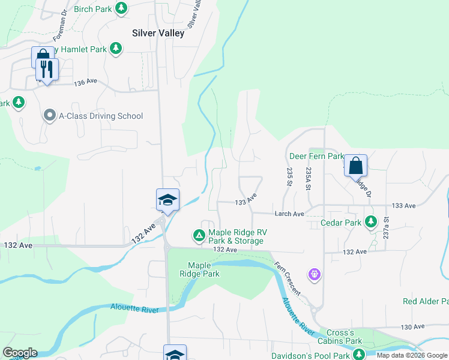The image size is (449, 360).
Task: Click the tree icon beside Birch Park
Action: [121, 8]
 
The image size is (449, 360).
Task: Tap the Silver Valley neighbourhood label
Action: [158, 34]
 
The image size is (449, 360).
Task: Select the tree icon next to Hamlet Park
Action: [117, 49]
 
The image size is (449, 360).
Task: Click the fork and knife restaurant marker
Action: [47, 69]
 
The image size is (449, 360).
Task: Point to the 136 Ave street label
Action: [85, 82]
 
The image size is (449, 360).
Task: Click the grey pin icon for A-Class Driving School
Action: [50, 116]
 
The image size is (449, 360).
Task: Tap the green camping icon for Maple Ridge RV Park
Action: [199, 235]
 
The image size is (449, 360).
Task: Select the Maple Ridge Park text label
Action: [203, 269]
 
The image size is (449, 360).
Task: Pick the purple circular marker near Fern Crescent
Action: [315, 275]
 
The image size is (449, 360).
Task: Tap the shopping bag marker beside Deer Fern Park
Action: [355, 165]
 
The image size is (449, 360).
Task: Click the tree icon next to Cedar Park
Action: [372, 223]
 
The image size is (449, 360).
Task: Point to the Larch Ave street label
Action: [290, 214]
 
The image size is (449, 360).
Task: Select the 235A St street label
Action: [308, 178]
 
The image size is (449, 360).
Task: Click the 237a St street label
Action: [387, 227]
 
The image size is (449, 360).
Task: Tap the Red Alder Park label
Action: [425, 301]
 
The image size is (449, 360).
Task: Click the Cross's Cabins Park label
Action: [344, 337]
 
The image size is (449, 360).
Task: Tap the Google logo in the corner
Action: [20, 353]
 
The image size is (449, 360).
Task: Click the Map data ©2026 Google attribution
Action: [412, 356]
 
